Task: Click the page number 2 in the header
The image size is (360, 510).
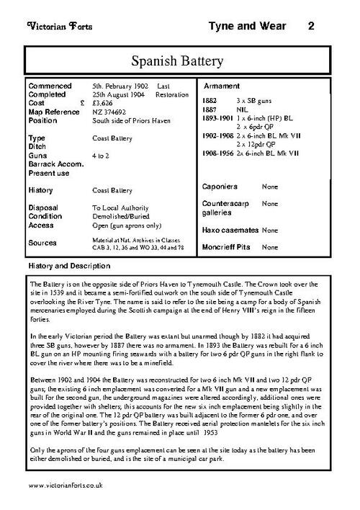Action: point(310,26)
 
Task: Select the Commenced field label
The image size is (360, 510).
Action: point(52,86)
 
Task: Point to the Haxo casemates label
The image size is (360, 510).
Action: point(233,231)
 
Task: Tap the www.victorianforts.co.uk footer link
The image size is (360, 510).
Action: point(67,488)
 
